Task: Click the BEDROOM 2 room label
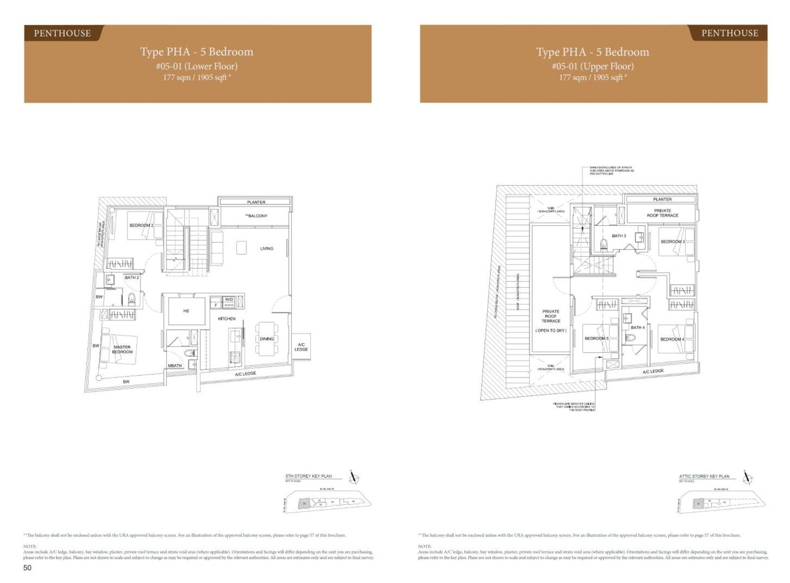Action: coord(141,225)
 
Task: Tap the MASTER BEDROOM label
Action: coord(122,349)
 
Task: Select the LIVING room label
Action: coord(267,249)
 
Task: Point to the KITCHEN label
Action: coord(227,319)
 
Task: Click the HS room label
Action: coord(186,311)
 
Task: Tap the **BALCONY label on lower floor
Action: coord(256,216)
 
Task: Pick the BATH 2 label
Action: coord(132,278)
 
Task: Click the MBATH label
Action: coord(175,365)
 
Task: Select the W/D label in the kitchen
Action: coord(229,299)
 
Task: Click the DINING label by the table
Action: coord(267,339)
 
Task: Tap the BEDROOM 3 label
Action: coord(672,242)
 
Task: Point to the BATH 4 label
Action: coord(637,328)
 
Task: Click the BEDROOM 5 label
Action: coord(596,338)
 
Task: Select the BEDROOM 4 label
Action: coord(672,339)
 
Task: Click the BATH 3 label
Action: coord(619,236)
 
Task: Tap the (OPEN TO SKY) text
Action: coord(551,330)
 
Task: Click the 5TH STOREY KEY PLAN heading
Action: coord(309,476)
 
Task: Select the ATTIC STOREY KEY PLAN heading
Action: coord(704,476)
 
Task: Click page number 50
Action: coord(27,568)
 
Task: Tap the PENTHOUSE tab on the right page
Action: coord(729,33)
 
